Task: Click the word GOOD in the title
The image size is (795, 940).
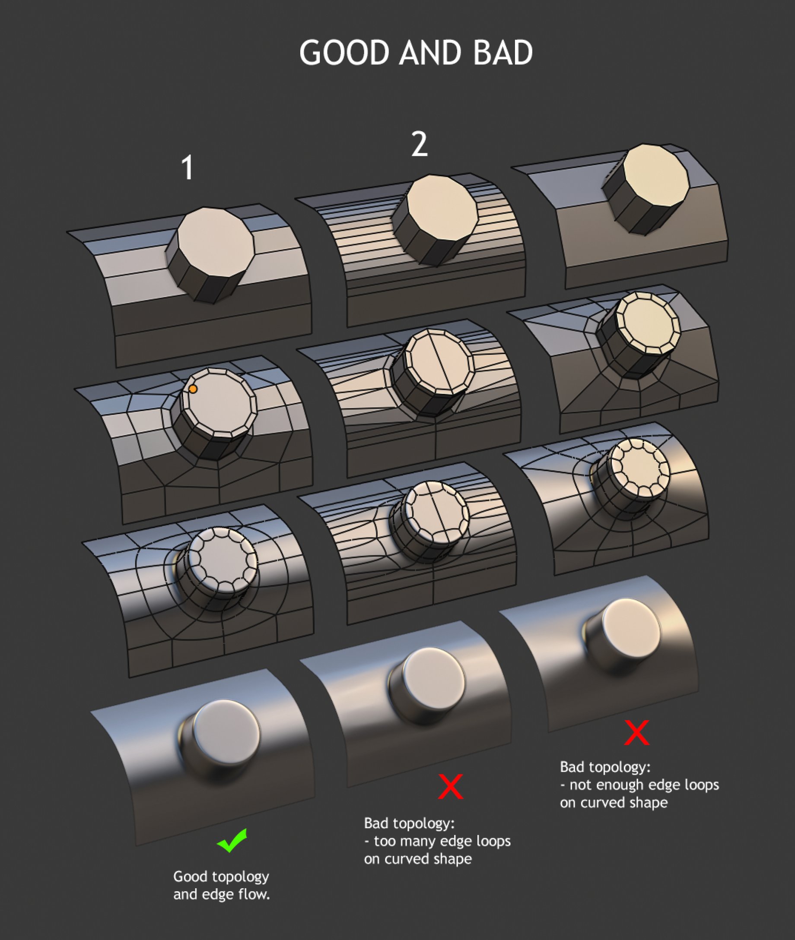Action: click(344, 53)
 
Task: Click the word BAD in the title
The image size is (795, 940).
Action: click(503, 53)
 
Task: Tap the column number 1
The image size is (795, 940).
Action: click(188, 168)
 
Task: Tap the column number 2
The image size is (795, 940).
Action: click(419, 145)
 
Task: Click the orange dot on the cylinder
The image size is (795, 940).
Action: click(193, 389)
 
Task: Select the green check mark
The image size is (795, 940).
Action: click(232, 840)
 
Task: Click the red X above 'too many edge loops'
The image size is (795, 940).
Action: click(451, 786)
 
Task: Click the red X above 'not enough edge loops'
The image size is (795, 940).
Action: click(637, 733)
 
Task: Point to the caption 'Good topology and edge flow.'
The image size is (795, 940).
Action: click(222, 885)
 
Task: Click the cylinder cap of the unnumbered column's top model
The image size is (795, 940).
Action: click(657, 176)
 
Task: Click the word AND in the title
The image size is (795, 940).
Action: click(431, 53)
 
